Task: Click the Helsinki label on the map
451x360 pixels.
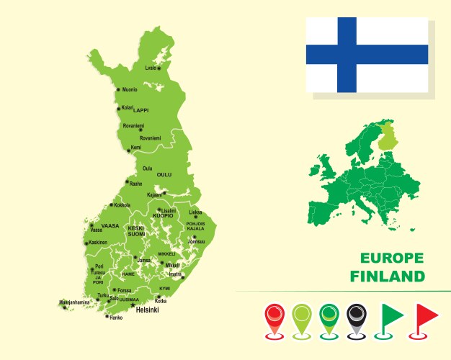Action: pos(147,310)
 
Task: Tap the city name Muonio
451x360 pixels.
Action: pos(130,90)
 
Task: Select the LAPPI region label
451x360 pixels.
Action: pos(141,111)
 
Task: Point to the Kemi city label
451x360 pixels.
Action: pos(135,147)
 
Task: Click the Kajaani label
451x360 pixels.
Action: pos(154,194)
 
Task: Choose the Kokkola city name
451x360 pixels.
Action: pos(122,205)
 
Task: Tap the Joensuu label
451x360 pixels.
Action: pos(196,242)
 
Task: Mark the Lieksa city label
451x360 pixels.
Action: pos(195,212)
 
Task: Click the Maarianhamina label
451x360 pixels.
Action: pos(74,302)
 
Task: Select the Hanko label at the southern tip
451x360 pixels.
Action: pos(115,318)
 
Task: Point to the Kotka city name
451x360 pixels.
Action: pos(161,301)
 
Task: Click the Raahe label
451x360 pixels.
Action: pos(135,184)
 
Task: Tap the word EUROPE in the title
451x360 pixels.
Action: pos(392,258)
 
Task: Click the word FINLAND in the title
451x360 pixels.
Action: pos(388,276)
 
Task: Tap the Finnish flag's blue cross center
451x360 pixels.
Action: pos(347,55)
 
